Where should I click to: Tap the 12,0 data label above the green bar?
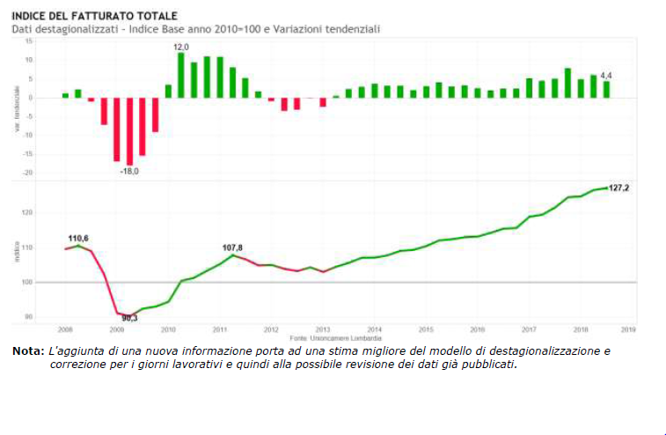point(180,47)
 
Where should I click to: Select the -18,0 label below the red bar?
point(129,171)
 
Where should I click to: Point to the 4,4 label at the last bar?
point(605,76)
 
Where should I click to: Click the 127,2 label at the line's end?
point(619,188)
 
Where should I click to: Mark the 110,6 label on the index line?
point(79,239)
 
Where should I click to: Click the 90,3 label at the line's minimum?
point(128,318)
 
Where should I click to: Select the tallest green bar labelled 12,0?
point(180,75)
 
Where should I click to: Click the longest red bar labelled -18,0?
point(129,131)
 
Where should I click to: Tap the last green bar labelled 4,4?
point(606,89)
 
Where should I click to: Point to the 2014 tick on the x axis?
point(375,329)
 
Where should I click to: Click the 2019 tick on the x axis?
point(628,329)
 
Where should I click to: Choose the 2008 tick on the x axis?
point(66,329)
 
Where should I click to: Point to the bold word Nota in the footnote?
point(26,350)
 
